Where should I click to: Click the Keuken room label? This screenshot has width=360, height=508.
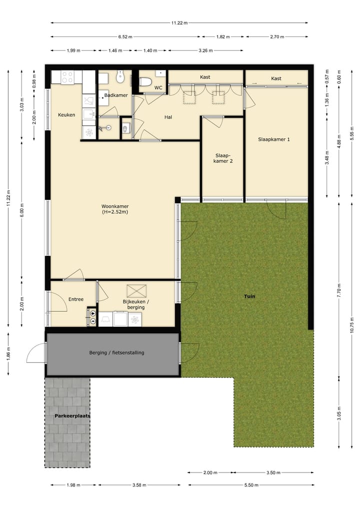[x=66, y=115]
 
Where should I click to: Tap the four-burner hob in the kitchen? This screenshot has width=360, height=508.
[x=67, y=77]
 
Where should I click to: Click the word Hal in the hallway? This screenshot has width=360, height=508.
[x=168, y=117]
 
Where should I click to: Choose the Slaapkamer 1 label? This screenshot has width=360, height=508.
[x=274, y=139]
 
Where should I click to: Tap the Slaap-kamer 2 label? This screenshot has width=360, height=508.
[x=224, y=158]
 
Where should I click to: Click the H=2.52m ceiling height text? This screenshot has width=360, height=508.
[x=114, y=212]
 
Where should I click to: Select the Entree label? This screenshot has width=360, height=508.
[x=75, y=299]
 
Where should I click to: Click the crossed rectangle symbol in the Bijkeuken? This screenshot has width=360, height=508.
[x=136, y=290]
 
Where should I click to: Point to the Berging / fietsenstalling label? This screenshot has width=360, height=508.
[x=116, y=353]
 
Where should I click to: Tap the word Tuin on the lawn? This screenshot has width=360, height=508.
[x=249, y=296]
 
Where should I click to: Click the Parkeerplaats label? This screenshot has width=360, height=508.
[x=69, y=416]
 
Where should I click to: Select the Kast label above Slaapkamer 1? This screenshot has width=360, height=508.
[x=276, y=78]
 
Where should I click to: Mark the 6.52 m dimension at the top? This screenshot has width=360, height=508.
[x=126, y=37]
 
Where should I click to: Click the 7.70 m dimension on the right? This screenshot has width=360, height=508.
[x=339, y=293]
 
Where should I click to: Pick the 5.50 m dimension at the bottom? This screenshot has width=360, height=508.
[x=251, y=485]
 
